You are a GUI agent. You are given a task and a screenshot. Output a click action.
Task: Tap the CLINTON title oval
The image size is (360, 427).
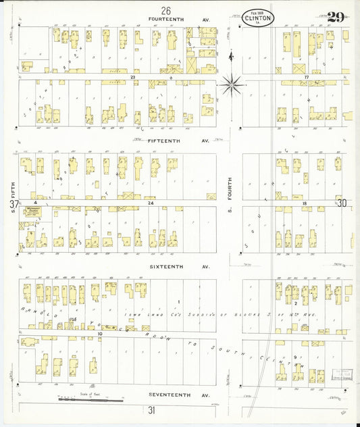click(x=258, y=18)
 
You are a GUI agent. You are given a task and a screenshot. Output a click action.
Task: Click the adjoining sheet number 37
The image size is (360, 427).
click(x=5, y=203)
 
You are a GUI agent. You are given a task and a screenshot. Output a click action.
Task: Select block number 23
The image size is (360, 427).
click(x=134, y=78)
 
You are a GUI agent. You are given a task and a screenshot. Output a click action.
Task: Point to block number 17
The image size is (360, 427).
click(x=306, y=78)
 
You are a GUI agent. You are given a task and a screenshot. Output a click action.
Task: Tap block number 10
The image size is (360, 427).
click(x=99, y=333)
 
